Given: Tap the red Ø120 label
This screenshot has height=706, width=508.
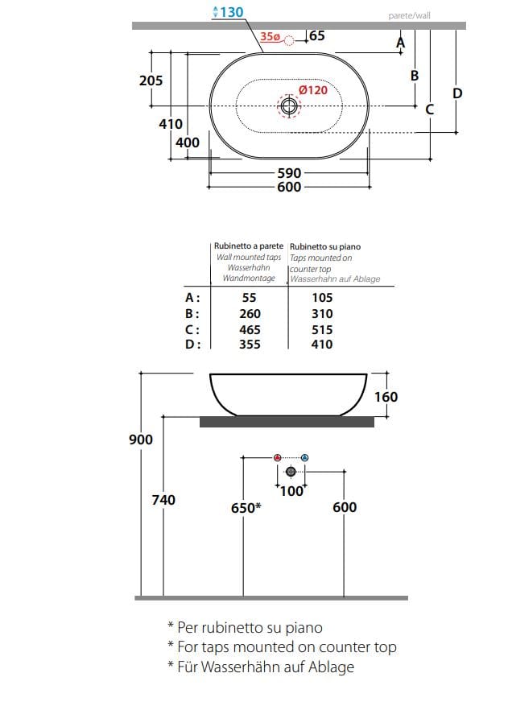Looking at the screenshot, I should [x=313, y=90].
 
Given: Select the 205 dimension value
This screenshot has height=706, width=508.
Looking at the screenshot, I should [x=151, y=81].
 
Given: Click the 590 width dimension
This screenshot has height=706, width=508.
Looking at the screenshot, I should [x=289, y=173].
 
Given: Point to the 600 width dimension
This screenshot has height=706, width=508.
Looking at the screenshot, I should [x=289, y=187].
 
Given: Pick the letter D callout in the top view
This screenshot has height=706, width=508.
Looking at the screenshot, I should [x=457, y=93].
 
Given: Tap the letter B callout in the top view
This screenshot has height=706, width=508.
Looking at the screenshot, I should [x=415, y=76].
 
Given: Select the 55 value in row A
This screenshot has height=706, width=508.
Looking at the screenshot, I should [x=249, y=297].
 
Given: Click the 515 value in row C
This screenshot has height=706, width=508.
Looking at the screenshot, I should [x=321, y=329].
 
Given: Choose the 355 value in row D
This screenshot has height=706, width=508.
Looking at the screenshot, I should [x=249, y=345].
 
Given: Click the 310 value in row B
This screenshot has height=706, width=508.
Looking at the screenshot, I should [x=321, y=313].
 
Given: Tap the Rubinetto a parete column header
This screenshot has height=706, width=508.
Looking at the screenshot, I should [x=248, y=246].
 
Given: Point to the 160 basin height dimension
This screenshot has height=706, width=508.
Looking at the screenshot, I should [x=386, y=397].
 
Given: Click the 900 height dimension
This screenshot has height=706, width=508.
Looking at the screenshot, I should [x=141, y=440].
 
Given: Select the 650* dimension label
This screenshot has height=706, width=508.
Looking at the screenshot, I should [x=246, y=507].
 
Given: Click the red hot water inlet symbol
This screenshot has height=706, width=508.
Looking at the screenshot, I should [x=278, y=458].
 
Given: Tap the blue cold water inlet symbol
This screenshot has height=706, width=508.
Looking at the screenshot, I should [x=304, y=458].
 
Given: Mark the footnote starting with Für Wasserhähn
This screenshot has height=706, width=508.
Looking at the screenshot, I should [x=260, y=667].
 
